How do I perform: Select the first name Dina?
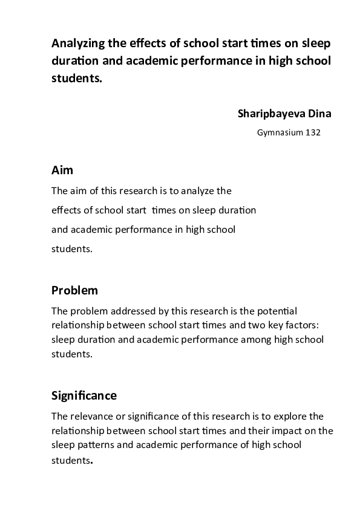pos(320,113)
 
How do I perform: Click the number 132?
pos(313,133)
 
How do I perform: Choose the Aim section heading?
pos(62,170)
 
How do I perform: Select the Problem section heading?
pos(74,290)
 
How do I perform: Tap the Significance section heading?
pos(84,396)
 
